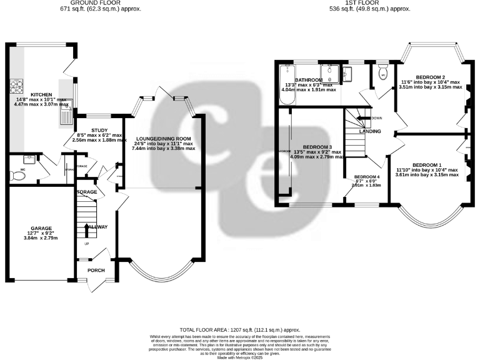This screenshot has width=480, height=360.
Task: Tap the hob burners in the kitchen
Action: tap(15, 84)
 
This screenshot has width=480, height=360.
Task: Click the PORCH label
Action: tap(96, 271)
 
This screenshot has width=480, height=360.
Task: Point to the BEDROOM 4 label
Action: tap(366, 177)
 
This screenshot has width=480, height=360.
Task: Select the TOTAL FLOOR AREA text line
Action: tap(240, 329)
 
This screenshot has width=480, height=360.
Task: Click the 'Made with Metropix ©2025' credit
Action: tap(240, 357)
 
